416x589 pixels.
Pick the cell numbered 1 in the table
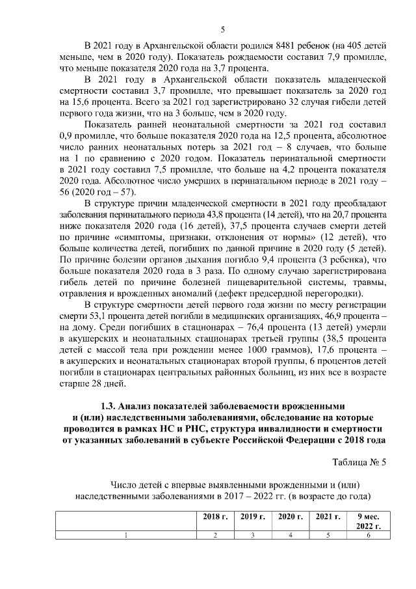(x=125, y=535)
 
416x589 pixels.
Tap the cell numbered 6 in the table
(x=369, y=535)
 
